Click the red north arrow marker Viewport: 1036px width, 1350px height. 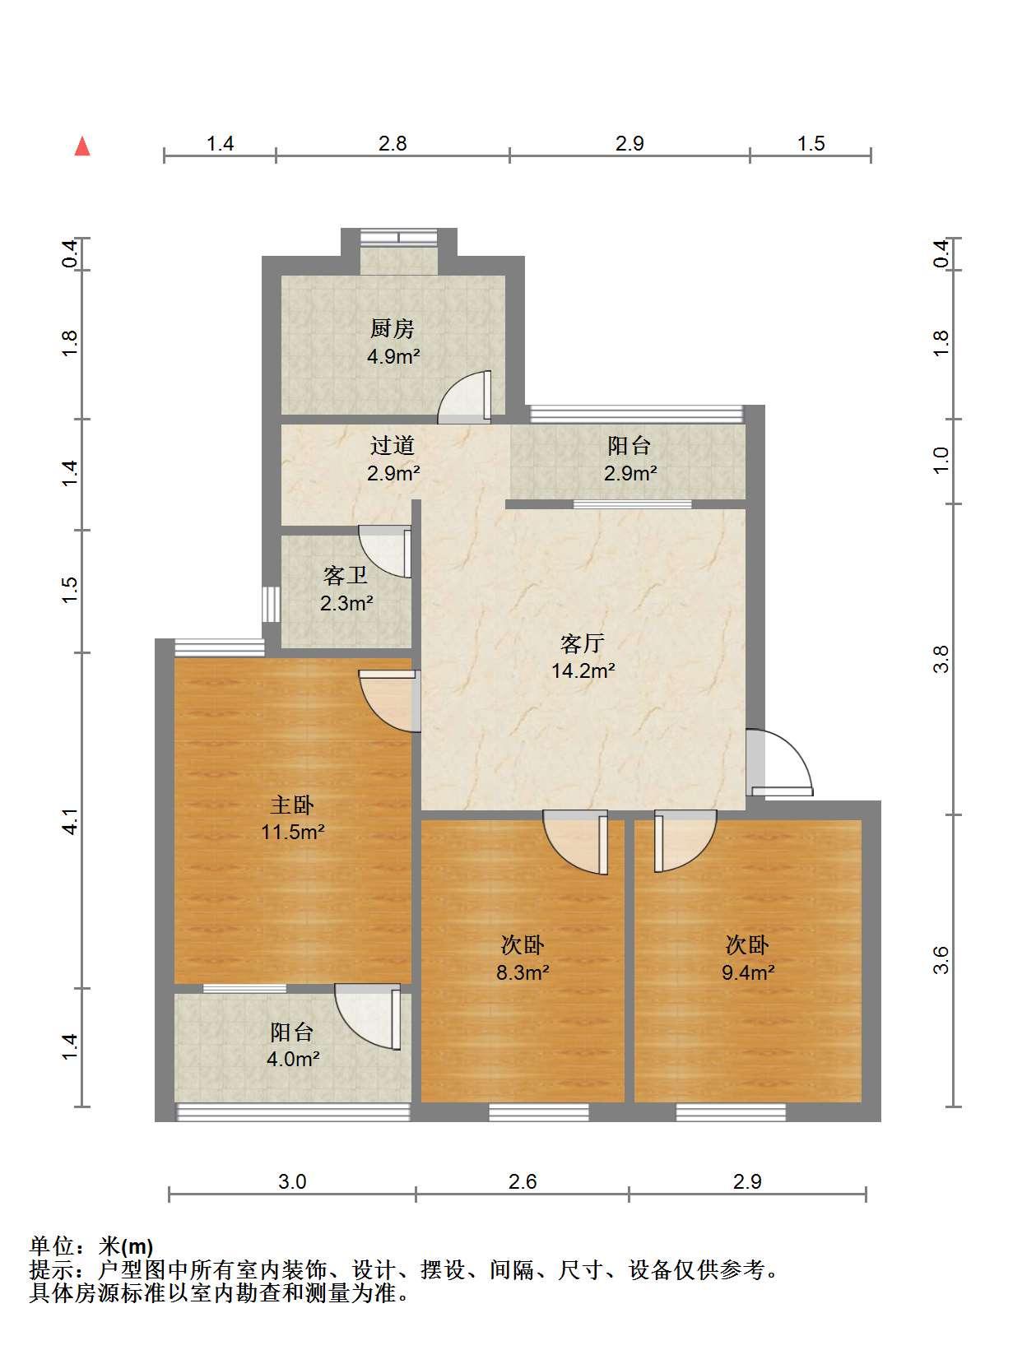82,146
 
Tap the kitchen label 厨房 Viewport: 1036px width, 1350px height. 392,328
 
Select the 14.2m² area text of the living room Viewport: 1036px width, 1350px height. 583,671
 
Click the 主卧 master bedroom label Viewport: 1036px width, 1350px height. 292,805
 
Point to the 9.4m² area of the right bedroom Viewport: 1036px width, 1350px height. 748,972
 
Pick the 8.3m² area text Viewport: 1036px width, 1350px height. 523,972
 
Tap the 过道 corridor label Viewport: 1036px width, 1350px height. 392,445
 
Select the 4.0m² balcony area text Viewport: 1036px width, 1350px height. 293,1059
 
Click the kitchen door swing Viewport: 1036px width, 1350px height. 465,397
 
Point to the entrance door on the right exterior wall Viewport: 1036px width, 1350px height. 780,762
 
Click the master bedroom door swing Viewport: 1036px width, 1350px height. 388,701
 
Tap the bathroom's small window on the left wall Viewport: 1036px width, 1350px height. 270,604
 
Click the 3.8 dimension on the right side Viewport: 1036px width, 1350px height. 941,659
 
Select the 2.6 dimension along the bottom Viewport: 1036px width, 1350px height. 523,1181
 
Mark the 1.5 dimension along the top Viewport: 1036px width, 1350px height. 811,143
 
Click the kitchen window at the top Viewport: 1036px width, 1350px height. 399,237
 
